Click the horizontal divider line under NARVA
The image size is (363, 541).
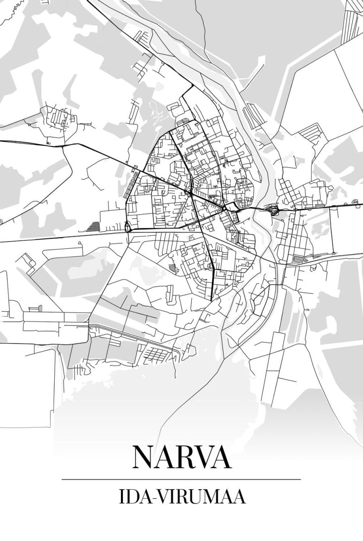[181, 479]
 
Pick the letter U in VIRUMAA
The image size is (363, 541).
[194, 497]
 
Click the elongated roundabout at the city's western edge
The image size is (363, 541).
[127, 226]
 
